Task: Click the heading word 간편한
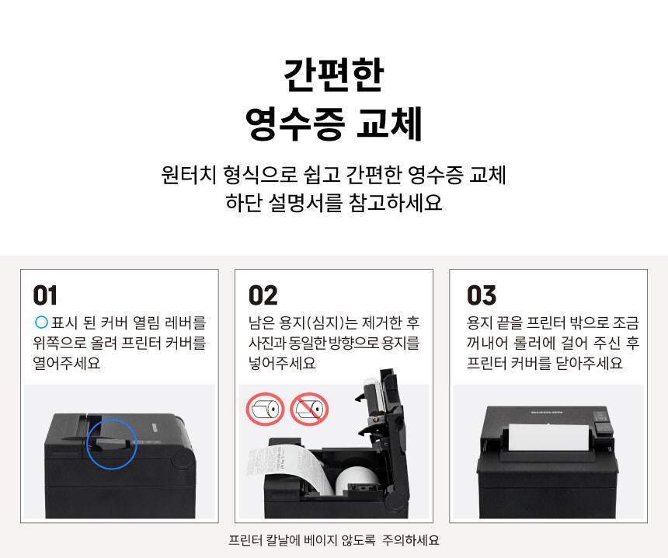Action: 334,75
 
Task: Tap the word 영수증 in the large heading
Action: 295,124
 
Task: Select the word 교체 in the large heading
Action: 389,124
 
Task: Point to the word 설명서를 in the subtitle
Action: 305,203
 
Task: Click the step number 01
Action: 45,295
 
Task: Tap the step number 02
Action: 263,295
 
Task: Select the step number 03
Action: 482,295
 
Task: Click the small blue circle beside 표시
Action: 41,322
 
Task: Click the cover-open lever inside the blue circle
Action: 112,445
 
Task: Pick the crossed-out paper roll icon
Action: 309,410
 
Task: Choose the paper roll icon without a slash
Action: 265,410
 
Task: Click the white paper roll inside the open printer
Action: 357,480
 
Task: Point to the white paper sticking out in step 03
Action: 548,438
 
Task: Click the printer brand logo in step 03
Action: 547,413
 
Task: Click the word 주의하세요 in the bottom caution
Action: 410,541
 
